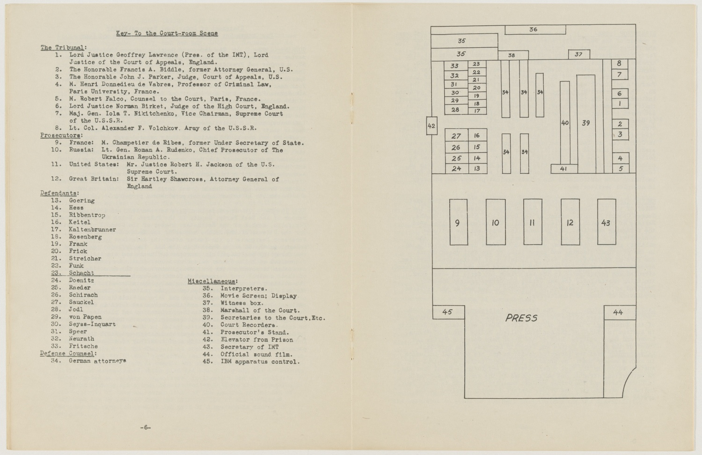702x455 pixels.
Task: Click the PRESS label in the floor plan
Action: point(521,318)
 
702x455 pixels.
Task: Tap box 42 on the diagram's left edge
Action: point(431,126)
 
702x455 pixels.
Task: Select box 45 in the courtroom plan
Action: point(448,312)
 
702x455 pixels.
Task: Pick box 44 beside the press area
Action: point(619,313)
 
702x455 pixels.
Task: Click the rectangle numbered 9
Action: point(458,222)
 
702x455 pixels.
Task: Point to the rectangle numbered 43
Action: point(606,222)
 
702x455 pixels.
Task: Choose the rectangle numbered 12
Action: point(570,222)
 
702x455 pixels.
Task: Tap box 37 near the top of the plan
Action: point(579,54)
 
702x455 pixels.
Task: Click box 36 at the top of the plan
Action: point(534,30)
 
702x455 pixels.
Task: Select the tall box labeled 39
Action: point(586,123)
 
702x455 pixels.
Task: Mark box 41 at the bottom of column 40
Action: point(564,169)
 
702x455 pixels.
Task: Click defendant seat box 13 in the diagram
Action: point(477,169)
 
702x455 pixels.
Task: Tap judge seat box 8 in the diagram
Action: point(619,64)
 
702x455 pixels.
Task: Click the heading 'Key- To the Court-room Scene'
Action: point(167,33)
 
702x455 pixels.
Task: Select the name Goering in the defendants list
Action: point(82,201)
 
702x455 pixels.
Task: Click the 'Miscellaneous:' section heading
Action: point(212,281)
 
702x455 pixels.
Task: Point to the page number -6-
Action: point(145,427)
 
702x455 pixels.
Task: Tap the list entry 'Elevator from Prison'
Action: point(256,340)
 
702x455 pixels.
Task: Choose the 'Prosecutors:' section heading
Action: point(60,135)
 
